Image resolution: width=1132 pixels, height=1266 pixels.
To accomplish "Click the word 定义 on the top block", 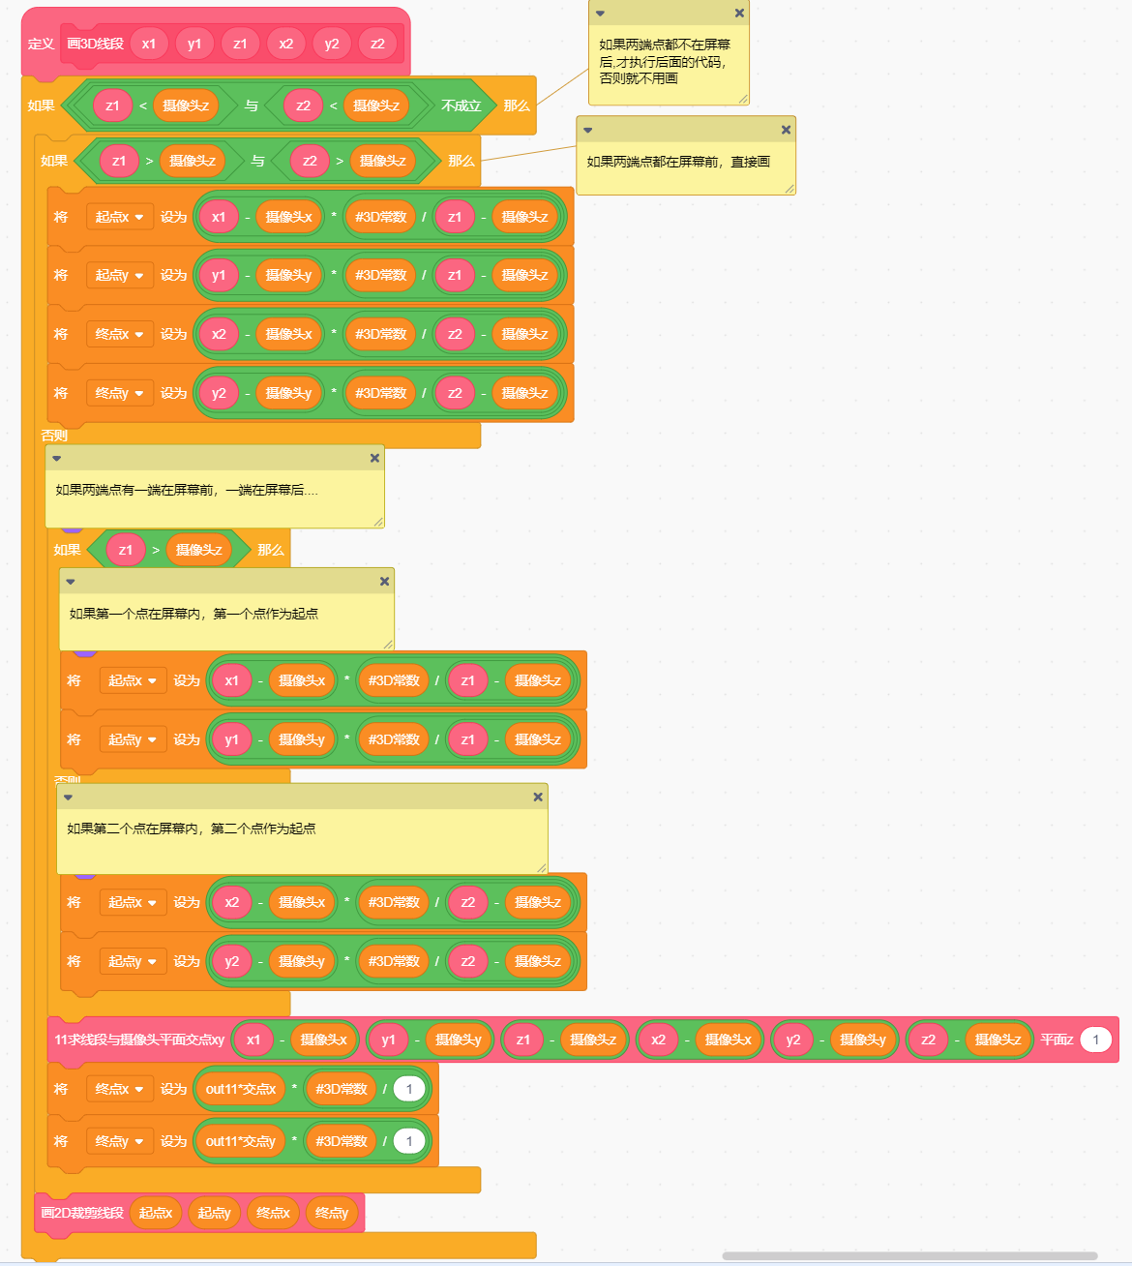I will [x=41, y=44].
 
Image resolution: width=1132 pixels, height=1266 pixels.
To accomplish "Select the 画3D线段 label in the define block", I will [x=95, y=44].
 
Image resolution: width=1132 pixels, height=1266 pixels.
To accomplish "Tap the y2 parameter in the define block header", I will [x=332, y=44].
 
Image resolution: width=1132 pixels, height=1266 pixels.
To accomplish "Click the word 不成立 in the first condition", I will [x=461, y=105].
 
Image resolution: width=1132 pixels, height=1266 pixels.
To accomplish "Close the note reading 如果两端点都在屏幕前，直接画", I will [x=786, y=130].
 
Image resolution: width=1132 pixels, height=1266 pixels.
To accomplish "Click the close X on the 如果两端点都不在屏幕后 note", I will [x=739, y=14].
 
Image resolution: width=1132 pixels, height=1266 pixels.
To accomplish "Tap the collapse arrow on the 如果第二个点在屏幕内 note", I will [x=68, y=797].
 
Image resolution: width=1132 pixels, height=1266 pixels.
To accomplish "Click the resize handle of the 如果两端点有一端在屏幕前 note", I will [x=378, y=522].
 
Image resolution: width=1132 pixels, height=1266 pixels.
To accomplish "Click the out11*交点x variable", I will [x=240, y=1089].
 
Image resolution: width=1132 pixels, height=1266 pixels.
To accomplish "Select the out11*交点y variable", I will [x=240, y=1141].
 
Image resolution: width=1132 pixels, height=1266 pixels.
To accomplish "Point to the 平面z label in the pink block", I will [x=1057, y=1040].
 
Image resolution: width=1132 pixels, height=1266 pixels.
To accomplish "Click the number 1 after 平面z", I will [x=1095, y=1040].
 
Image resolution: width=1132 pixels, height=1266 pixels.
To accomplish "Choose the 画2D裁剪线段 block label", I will [x=82, y=1213].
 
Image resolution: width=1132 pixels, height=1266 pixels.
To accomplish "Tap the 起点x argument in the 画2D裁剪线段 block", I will [x=156, y=1213].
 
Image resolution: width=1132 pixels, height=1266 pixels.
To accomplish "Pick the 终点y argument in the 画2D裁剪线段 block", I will [x=332, y=1213].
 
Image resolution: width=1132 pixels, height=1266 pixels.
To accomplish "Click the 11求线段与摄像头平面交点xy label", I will [x=139, y=1040].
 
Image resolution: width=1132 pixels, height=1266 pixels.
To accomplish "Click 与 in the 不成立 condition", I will [x=252, y=105].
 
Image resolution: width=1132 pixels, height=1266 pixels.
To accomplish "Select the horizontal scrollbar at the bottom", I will [x=909, y=1256].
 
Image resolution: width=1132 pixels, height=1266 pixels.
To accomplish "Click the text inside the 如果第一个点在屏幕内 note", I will [x=194, y=614].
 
